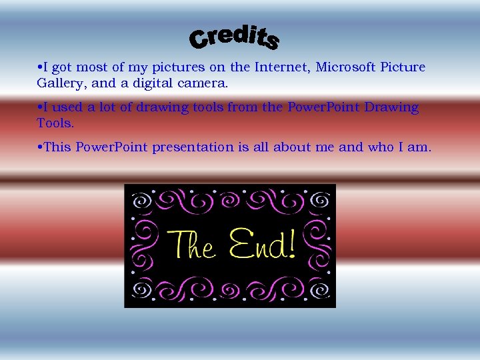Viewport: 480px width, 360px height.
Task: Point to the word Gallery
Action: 61,84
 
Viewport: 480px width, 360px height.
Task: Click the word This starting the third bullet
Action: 57,147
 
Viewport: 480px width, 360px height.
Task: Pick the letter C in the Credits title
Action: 199,41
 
